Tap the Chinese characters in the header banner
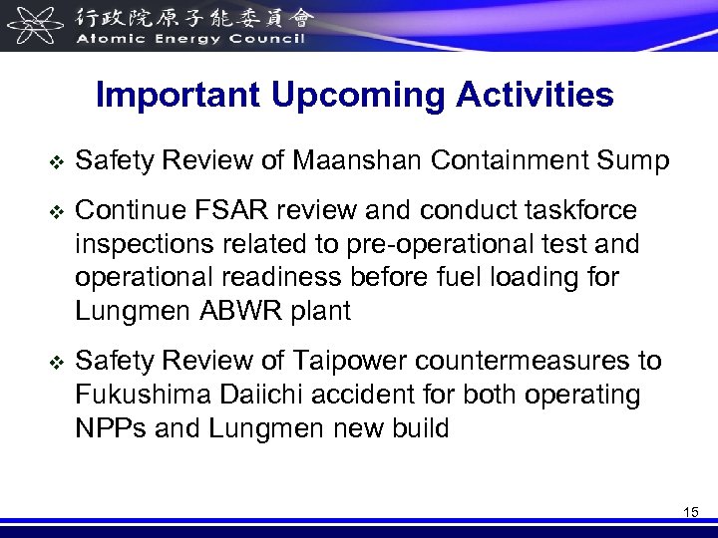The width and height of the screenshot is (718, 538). tap(190, 17)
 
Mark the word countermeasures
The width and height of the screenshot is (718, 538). tap(523, 361)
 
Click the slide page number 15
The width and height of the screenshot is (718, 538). tap(691, 511)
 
